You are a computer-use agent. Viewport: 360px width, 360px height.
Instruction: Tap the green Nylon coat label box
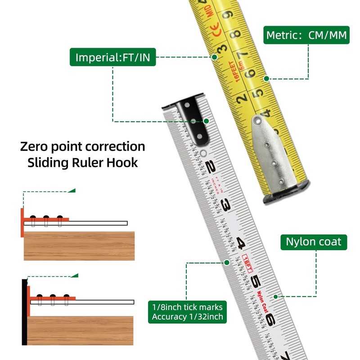314,242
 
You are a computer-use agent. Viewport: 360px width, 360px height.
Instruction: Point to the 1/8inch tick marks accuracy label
187,312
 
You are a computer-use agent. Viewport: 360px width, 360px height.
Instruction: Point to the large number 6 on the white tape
270,319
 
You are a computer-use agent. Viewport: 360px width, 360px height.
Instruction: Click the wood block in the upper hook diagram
79,246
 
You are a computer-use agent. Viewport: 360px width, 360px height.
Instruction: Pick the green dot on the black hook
206,121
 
